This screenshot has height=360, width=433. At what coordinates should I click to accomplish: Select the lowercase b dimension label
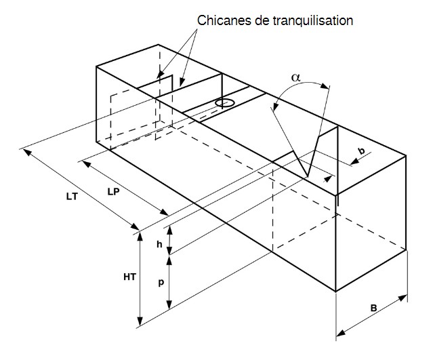[360, 149]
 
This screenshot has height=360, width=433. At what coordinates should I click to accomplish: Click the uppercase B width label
[373, 308]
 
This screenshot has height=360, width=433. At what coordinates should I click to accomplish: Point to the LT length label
[71, 196]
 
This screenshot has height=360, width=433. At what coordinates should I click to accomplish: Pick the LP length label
[114, 191]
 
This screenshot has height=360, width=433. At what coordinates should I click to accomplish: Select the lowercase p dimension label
[161, 283]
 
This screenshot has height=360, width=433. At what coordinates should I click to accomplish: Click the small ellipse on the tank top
[225, 103]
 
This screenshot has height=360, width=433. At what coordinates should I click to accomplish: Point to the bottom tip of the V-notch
[308, 178]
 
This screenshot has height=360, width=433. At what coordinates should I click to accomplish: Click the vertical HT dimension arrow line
[140, 279]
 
